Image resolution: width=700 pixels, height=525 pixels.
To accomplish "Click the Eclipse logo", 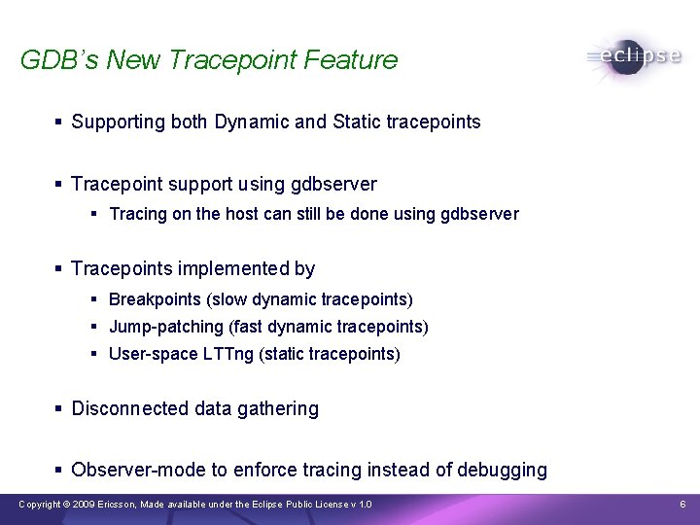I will coord(634,56).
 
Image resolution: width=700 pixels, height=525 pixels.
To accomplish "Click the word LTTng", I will coord(227,354).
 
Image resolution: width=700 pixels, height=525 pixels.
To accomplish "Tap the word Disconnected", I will coord(130,409).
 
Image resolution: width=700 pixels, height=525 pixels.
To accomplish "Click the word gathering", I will coord(281,409).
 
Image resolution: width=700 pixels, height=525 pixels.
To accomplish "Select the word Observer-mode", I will coord(139,471).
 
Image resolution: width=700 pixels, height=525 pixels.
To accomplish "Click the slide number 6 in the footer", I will coord(682,505).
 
